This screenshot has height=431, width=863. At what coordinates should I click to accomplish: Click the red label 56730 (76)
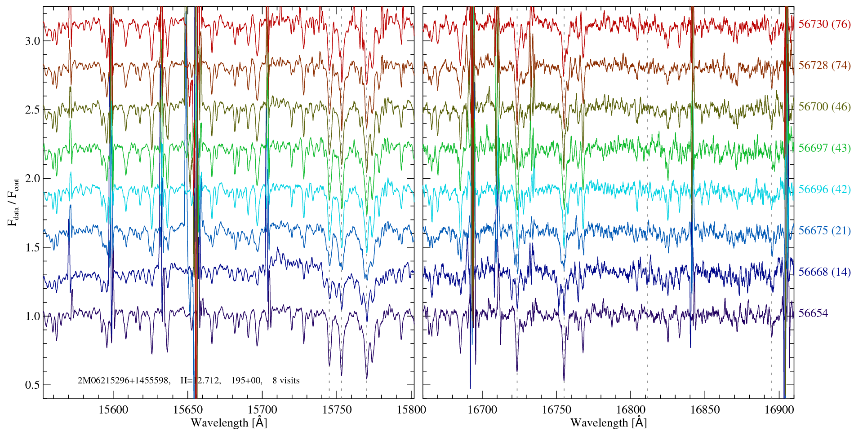pyautogui.click(x=824, y=24)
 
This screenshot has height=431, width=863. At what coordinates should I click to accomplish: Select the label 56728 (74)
pyautogui.click(x=824, y=66)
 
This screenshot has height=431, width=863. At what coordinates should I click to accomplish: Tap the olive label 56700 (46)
pyautogui.click(x=824, y=107)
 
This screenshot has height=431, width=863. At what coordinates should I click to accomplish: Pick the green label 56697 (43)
pyautogui.click(x=824, y=148)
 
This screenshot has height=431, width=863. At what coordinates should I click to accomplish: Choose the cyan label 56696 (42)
pyautogui.click(x=824, y=189)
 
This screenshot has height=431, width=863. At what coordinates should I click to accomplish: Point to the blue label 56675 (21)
pyautogui.click(x=824, y=231)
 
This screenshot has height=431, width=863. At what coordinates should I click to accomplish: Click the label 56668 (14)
pyautogui.click(x=824, y=272)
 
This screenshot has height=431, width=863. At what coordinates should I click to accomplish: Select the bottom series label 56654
pyautogui.click(x=813, y=313)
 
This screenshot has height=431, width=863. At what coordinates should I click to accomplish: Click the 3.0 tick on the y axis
pyautogui.click(x=32, y=41)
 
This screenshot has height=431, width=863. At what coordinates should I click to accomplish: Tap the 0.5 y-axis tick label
pyautogui.click(x=32, y=385)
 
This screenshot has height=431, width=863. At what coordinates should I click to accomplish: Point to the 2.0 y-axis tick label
pyautogui.click(x=32, y=179)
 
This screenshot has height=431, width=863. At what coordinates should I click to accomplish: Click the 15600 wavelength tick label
pyautogui.click(x=113, y=409)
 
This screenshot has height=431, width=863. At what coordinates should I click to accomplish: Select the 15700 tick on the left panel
pyautogui.click(x=262, y=409)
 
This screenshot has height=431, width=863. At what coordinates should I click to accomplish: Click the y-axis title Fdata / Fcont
pyautogui.click(x=13, y=202)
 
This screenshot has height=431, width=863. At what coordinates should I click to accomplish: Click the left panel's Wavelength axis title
pyautogui.click(x=229, y=423)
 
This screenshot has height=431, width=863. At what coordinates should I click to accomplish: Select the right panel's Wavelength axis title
pyautogui.click(x=609, y=423)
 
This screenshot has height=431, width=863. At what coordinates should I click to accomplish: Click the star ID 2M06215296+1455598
pyautogui.click(x=124, y=381)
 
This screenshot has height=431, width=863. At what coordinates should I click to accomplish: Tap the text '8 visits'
pyautogui.click(x=286, y=381)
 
